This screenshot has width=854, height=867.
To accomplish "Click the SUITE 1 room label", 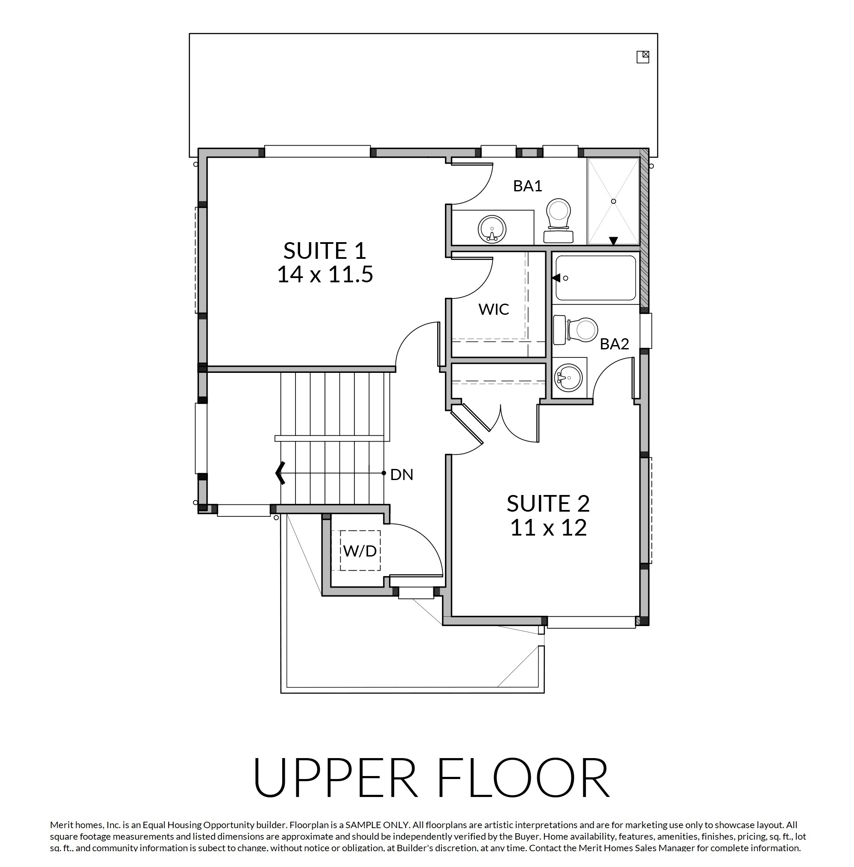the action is point(325,250).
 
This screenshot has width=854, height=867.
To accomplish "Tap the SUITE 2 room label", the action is point(548,503).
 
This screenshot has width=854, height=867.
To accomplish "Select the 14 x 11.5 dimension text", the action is point(325,274).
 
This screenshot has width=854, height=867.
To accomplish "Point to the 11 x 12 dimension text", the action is point(548,527).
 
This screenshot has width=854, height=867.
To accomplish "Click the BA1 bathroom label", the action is point(527,186).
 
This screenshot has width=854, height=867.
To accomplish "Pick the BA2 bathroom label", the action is point(614,344).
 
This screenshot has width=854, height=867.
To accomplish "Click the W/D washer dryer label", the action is point(360,551).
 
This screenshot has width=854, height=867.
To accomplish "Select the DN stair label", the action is point(401,475).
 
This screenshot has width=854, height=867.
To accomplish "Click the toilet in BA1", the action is point(559,220).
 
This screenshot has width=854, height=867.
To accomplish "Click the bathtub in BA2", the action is point(596,278).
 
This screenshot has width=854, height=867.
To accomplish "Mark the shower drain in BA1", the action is point(613,202).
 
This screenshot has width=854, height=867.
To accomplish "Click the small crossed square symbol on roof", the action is point(643,57).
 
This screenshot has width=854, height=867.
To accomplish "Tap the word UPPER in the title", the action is point(335,778).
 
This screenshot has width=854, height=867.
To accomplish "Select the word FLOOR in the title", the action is point(523,778).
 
